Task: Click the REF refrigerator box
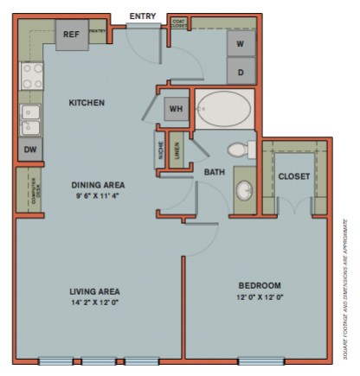[x=71, y=35]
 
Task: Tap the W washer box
[x=241, y=42]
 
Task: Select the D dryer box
[x=241, y=70]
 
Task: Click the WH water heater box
[x=177, y=109]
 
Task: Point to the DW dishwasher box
[x=29, y=149]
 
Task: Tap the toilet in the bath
[x=243, y=150]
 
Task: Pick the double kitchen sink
[x=30, y=120]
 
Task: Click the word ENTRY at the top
[x=143, y=16]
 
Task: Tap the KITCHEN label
[x=87, y=103]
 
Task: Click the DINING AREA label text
[x=98, y=185]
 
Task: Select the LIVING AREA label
[x=94, y=291]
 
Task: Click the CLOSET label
[x=294, y=176]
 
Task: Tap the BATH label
[x=214, y=173]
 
